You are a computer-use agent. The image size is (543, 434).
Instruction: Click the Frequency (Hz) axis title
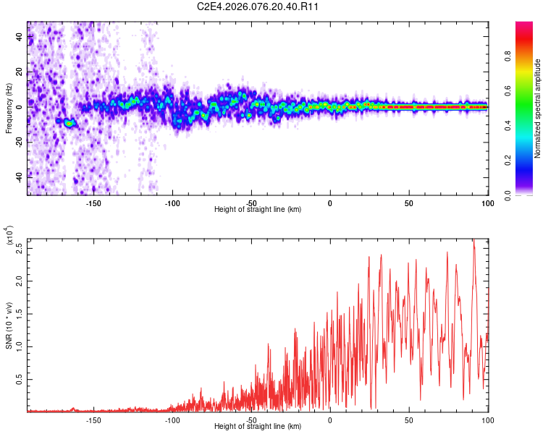click(x=9, y=108)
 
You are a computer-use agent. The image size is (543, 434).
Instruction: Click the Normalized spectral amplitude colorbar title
click(x=538, y=109)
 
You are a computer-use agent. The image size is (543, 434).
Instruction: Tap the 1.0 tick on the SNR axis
click(x=20, y=345)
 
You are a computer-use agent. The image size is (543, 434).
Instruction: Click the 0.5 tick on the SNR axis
click(x=20, y=378)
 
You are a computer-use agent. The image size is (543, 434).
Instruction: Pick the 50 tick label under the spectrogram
click(x=408, y=203)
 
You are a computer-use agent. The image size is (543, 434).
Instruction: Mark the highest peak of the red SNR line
click(x=473, y=239)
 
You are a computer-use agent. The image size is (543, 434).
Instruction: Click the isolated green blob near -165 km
click(x=69, y=123)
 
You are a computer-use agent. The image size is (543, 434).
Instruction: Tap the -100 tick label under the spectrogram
click(x=172, y=203)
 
